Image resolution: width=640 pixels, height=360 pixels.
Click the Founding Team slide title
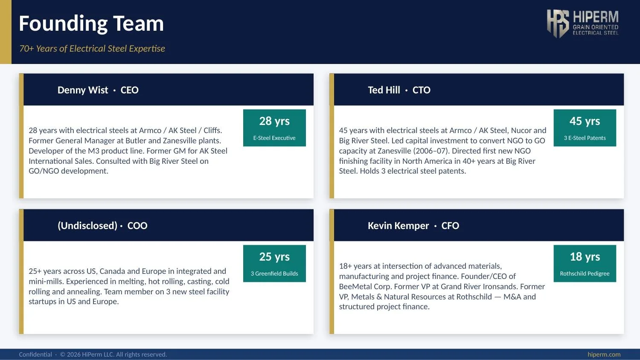(x=91, y=23)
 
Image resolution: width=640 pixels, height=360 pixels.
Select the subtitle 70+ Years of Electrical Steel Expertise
(x=92, y=49)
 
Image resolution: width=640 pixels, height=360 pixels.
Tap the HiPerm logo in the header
(x=583, y=23)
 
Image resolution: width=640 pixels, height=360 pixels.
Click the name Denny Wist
(x=83, y=90)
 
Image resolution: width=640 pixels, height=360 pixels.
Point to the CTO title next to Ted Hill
(x=422, y=90)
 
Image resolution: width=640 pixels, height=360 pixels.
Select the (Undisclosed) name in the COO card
(x=87, y=226)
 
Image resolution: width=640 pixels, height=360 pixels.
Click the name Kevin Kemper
(x=399, y=226)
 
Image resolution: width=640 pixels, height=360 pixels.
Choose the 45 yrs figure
(x=585, y=122)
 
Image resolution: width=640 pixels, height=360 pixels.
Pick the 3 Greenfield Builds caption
(x=274, y=274)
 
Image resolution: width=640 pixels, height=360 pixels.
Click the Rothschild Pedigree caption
(x=585, y=274)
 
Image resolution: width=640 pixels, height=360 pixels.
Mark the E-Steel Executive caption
(x=274, y=138)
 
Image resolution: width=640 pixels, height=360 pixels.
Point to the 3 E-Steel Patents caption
(x=585, y=138)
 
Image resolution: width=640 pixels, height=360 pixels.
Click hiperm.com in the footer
(x=604, y=354)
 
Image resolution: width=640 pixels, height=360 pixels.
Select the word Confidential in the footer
(x=35, y=354)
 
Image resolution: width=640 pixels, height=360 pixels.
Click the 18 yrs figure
(x=585, y=257)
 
